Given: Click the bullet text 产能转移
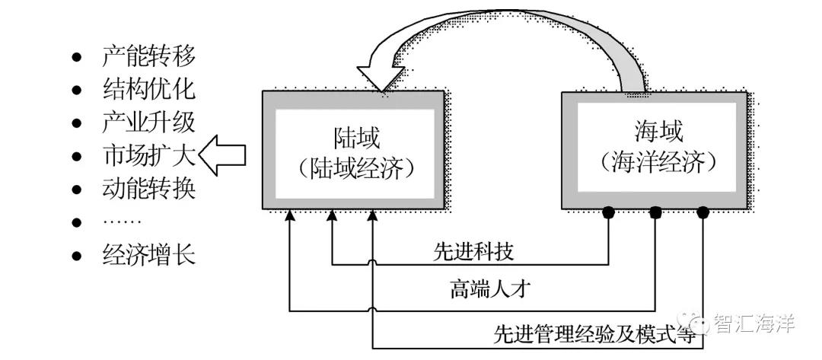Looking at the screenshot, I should tap(148, 56).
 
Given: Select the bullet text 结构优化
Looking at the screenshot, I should tap(148, 89).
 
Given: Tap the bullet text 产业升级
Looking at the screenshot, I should tap(148, 123).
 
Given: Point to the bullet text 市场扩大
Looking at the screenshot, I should tap(148, 156).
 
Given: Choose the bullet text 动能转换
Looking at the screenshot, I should tap(148, 189).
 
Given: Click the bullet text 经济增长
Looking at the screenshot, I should tap(148, 255).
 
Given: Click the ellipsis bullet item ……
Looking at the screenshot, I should tap(121, 222).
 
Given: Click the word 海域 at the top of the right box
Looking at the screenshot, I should tap(658, 132).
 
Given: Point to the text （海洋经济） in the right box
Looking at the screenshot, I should tap(658, 162).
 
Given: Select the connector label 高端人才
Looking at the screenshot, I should tap(483, 289).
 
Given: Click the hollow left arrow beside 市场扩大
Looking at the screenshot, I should tap(222, 156).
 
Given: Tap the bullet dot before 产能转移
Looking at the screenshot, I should tap(76, 57).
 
